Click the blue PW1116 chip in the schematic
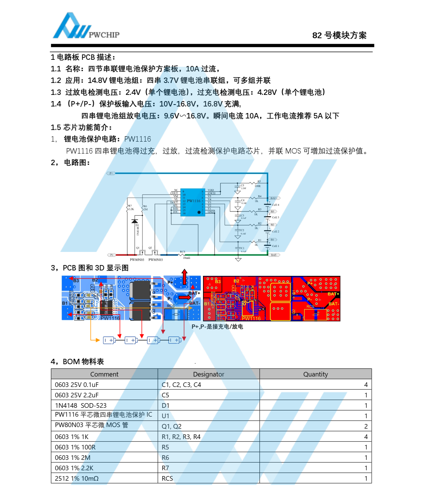pos(193,202)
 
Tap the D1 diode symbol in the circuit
pos(135,221)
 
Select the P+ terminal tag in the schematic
pos(111,174)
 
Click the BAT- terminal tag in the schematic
pos(274,255)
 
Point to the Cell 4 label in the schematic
pos(276,205)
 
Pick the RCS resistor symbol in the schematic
pos(182,255)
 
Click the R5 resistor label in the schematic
pos(259,181)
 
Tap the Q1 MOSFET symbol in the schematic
pos(141,253)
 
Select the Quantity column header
pos(315,374)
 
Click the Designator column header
pos(208,374)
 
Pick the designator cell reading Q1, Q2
pos(172,426)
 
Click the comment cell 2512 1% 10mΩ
pos(77,478)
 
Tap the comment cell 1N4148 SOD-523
pos(81,405)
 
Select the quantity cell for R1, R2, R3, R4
pos(366,437)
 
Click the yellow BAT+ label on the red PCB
pos(333,294)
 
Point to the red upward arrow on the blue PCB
pos(184,277)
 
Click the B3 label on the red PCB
pos(218,282)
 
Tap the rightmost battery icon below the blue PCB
pos(175,340)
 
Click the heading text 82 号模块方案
pos(339,35)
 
